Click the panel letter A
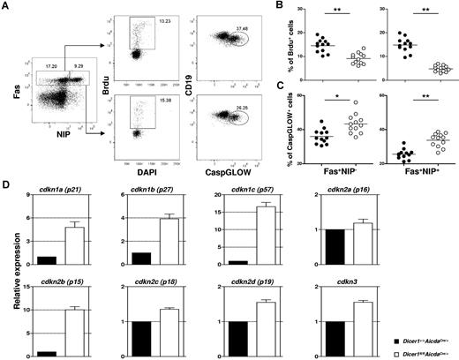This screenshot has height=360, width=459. pyautogui.click(x=7, y=6)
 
